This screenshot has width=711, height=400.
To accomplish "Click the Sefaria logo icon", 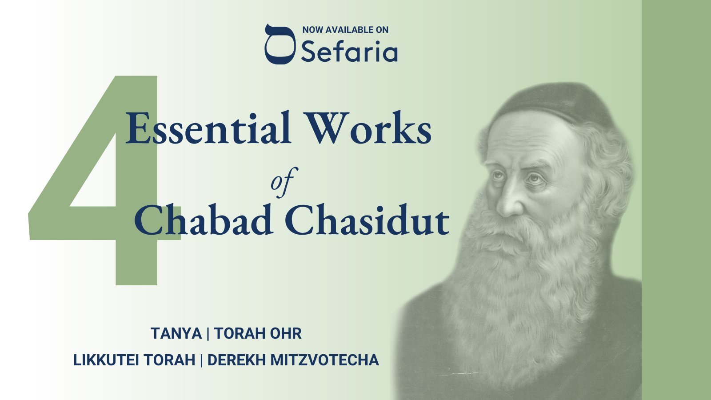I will pyautogui.click(x=280, y=44).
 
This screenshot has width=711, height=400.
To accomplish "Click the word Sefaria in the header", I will pyautogui.click(x=349, y=52).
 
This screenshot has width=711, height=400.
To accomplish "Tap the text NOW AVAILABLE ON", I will pyautogui.click(x=345, y=30).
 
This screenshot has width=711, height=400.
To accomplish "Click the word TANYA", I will pyautogui.click(x=176, y=333).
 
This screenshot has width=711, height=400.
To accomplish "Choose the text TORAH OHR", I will pyautogui.click(x=258, y=333).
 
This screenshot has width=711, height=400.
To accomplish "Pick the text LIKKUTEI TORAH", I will pyautogui.click(x=134, y=360).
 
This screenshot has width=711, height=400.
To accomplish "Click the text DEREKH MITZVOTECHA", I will pyautogui.click(x=293, y=360).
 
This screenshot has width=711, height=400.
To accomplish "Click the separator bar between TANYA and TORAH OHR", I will pyautogui.click(x=208, y=333).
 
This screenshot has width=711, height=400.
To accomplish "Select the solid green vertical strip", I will pyautogui.click(x=676, y=200).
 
